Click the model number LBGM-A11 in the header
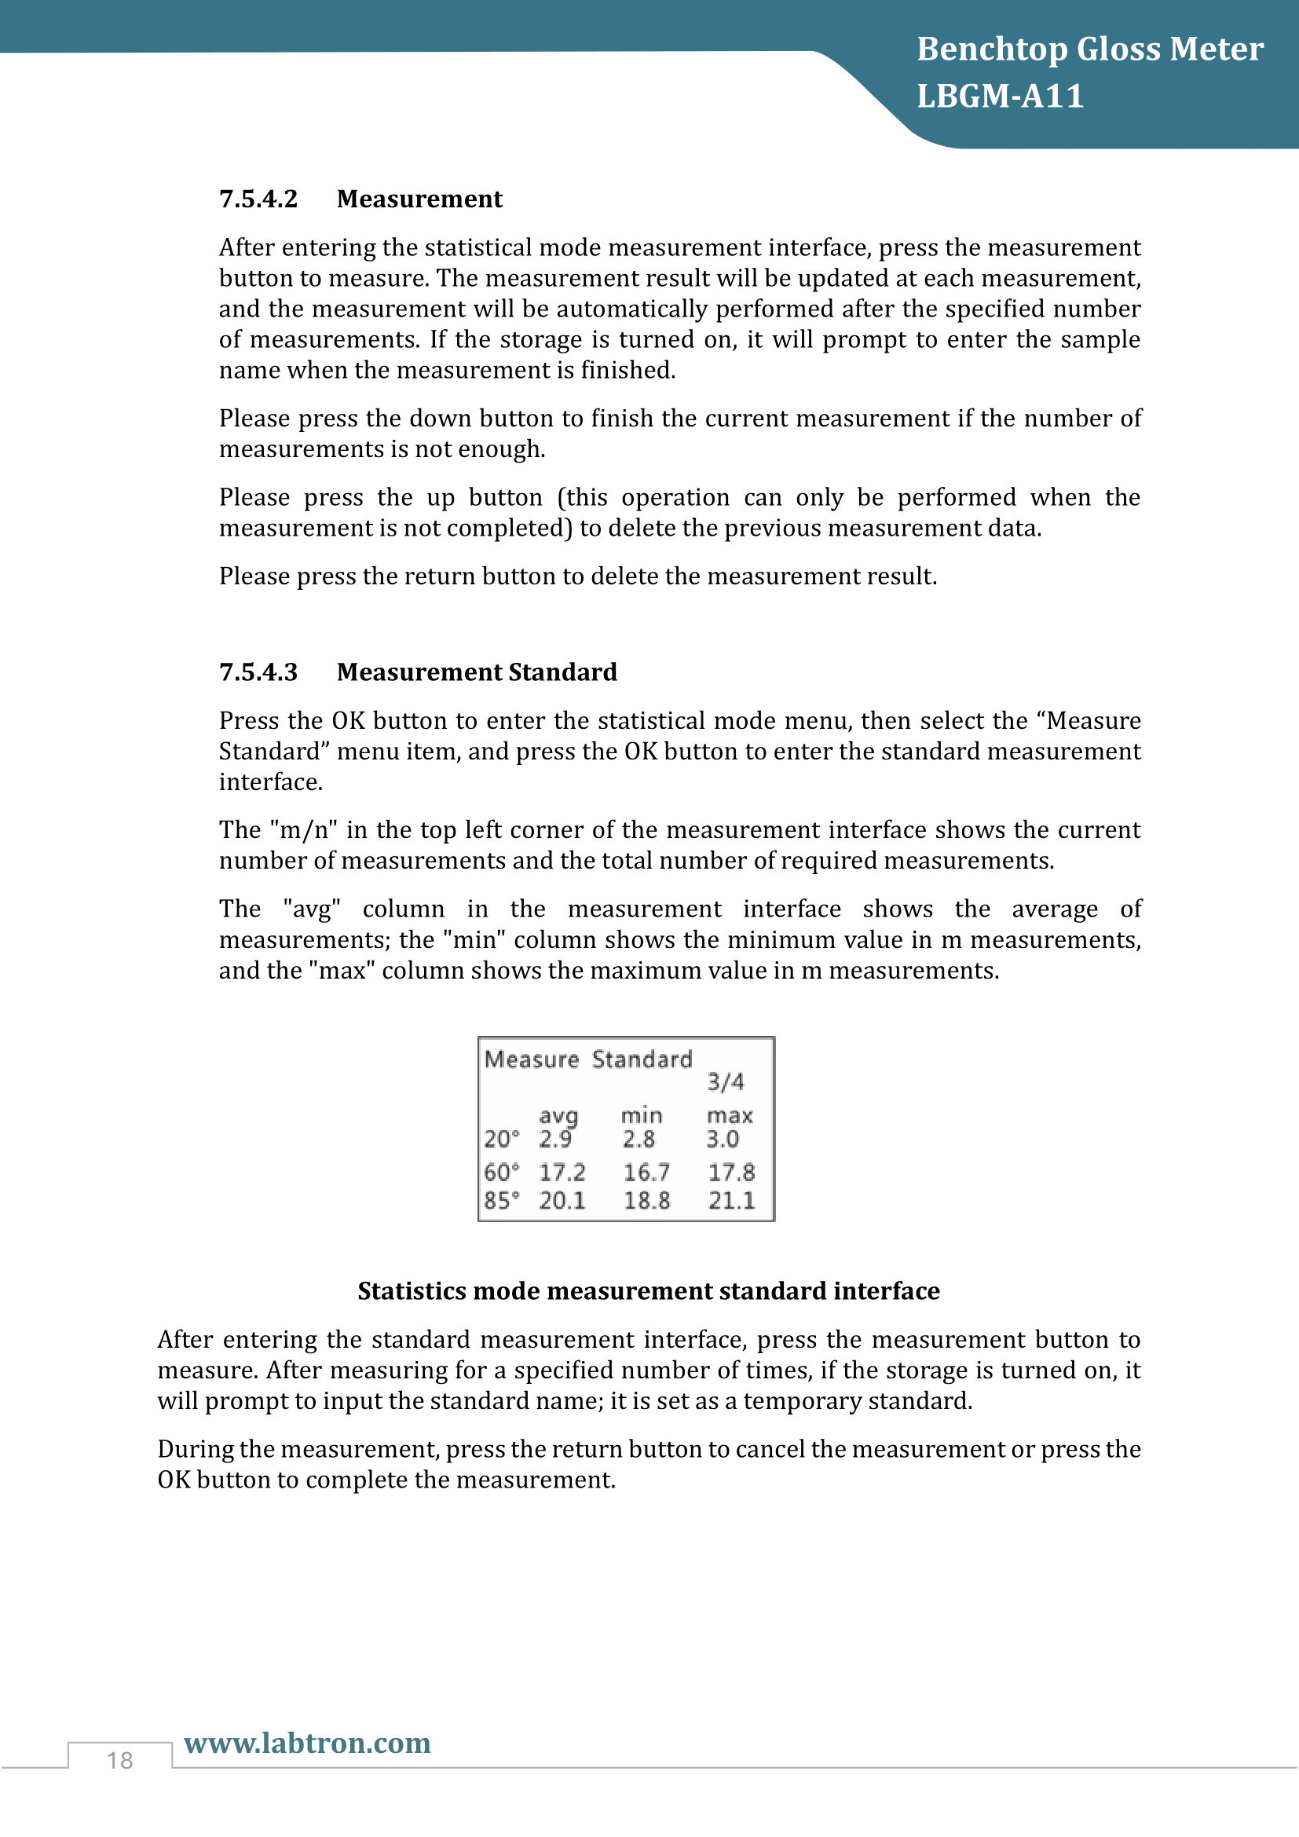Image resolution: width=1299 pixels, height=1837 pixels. [1000, 96]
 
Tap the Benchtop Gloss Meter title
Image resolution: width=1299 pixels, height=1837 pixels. [1089, 49]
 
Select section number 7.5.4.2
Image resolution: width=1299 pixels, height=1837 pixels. [258, 199]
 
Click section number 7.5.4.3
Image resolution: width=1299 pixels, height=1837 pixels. [258, 671]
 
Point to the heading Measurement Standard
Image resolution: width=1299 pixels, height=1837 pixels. [477, 671]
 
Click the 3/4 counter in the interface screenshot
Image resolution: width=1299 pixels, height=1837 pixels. [726, 1081]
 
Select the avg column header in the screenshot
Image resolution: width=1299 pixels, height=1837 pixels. [558, 1115]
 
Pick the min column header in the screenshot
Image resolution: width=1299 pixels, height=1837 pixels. [642, 1115]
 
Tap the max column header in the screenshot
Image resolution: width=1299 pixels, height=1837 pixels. [730, 1115]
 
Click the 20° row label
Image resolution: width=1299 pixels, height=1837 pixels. [502, 1139]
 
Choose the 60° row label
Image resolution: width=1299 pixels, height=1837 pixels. [502, 1172]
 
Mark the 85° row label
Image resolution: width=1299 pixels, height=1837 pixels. [502, 1200]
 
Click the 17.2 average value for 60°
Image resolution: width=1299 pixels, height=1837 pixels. [562, 1172]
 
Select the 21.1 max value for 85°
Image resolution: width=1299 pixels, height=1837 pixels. [731, 1200]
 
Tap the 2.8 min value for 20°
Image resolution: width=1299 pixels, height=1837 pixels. [639, 1139]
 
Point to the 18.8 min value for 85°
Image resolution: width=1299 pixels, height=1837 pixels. [646, 1200]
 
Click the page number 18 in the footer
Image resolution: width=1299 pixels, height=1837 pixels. [120, 1760]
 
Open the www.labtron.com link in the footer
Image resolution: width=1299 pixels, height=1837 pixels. [307, 1743]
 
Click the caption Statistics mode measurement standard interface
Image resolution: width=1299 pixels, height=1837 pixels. [649, 1290]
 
